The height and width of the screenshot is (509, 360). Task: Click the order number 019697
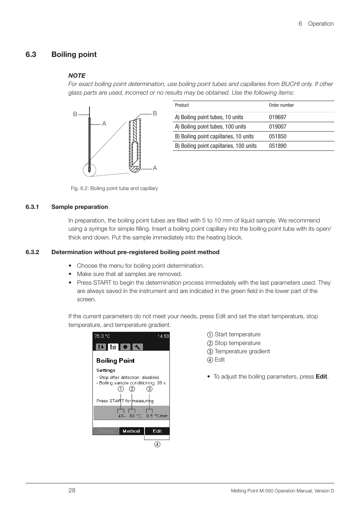coord(277,117)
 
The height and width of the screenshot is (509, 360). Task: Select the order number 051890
coord(277,146)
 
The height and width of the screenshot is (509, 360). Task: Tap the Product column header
coord(182,105)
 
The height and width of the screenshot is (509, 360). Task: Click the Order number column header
coord(281,105)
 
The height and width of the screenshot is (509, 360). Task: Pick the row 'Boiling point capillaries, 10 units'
coord(214,136)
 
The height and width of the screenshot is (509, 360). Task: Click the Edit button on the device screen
coord(157,431)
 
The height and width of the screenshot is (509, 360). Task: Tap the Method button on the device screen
coord(131,431)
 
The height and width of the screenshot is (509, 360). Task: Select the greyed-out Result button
coord(106,431)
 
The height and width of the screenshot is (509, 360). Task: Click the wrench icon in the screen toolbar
coord(137,347)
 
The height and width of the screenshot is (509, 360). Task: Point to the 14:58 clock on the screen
coord(163,336)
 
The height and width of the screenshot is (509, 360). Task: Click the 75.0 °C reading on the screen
coord(102,336)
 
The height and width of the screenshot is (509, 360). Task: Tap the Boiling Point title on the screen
coord(115,360)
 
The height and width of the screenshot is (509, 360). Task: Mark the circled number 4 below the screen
coord(157,445)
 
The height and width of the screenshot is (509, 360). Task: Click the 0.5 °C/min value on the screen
coord(157,416)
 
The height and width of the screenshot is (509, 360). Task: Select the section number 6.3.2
coord(32,252)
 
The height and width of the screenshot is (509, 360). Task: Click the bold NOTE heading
coord(77,75)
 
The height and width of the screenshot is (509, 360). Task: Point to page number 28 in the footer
coord(72,490)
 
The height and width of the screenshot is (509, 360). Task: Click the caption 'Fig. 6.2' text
coord(114,188)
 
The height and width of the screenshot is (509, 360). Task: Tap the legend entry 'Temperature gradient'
coord(242,351)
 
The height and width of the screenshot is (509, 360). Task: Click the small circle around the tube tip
coord(89,170)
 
